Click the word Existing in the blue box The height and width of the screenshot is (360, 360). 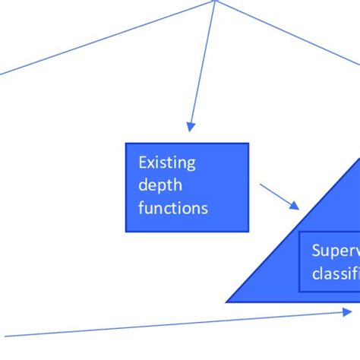pos(166,162)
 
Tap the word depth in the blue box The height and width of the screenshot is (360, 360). pos(160,185)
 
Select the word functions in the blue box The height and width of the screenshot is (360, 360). pos(172,207)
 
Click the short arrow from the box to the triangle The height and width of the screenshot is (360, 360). pos(279,195)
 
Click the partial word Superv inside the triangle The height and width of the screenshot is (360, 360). pos(335,251)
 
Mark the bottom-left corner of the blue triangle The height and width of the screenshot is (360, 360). pos(227,302)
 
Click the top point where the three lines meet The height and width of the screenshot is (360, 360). pos(216,1)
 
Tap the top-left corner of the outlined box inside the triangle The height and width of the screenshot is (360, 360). pos(301,233)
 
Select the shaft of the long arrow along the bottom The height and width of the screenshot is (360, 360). pos(175,324)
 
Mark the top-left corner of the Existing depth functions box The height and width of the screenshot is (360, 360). pos(125,143)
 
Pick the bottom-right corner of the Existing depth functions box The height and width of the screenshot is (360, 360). pos(248,231)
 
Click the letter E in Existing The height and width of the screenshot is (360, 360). pos(142,162)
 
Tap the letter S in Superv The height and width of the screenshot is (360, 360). pos(316,251)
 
